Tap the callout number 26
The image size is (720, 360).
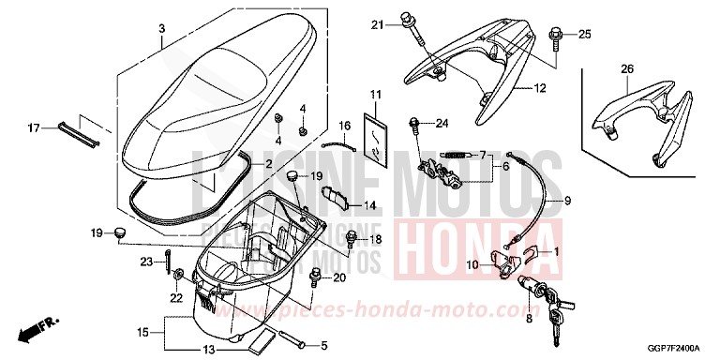pos(627,69)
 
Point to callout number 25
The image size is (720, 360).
pos(584,35)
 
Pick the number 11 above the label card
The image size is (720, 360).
pos(375,96)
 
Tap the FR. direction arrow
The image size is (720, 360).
pos(39,330)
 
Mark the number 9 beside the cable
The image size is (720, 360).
pos(566,202)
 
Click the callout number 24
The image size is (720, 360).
pos(442,123)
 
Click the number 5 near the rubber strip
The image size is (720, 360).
pos(324,345)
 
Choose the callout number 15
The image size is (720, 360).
pos(142,332)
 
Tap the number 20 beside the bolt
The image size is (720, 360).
pos(339,277)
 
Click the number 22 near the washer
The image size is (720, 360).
pos(174,297)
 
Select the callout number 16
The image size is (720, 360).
pos(344,126)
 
